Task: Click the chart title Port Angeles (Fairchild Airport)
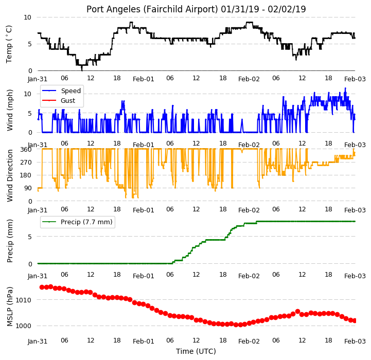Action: [152, 9]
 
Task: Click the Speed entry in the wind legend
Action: [70, 91]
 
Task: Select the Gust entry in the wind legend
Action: [68, 100]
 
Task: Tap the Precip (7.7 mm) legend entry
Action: [86, 222]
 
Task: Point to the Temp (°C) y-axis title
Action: [9, 44]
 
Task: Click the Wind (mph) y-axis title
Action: [10, 110]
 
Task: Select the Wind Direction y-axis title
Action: [10, 175]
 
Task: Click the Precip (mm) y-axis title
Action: [10, 241]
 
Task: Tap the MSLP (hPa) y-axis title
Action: [10, 307]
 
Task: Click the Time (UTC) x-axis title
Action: [196, 351]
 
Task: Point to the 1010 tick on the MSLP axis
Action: [23, 300]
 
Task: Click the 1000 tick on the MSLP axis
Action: [23, 326]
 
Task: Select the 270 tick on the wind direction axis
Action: [26, 163]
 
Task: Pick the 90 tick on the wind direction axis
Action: [27, 188]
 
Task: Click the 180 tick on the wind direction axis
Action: [26, 175]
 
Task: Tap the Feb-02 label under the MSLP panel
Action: [249, 341]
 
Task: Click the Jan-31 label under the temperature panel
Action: [38, 79]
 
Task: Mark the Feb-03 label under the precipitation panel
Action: [355, 276]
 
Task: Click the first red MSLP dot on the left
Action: [42, 287]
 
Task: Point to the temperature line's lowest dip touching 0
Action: [82, 70]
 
